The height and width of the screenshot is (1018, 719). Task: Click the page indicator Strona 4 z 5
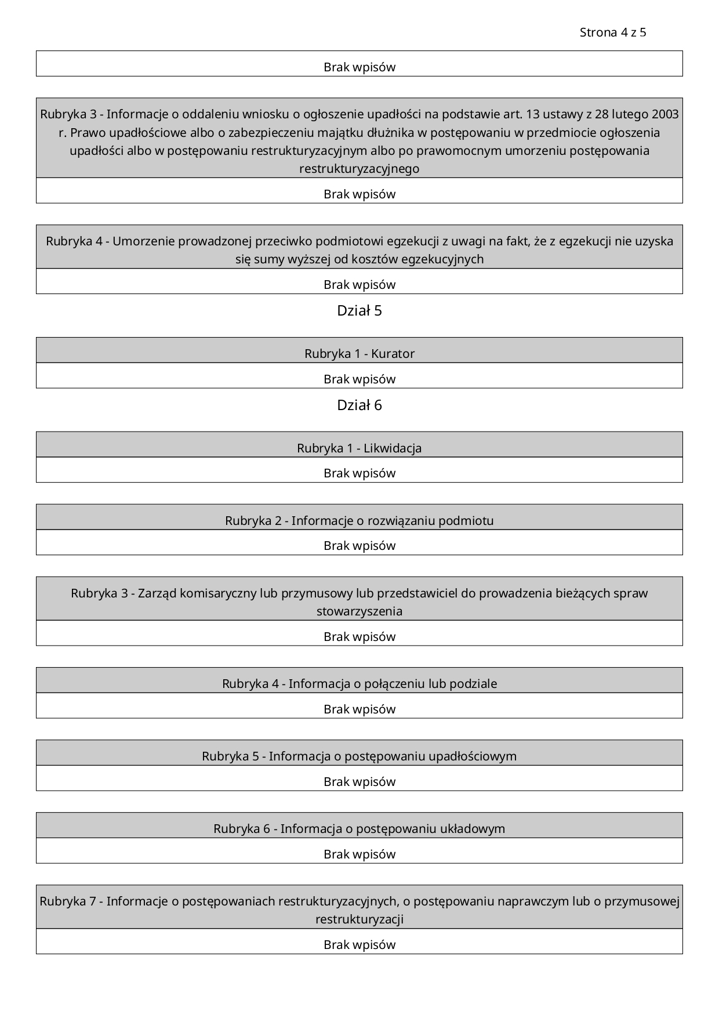tap(612, 32)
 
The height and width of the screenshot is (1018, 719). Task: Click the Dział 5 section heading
tap(359, 311)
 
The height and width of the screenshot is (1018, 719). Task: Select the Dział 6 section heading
tap(359, 405)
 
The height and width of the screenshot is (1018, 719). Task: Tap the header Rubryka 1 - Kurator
tap(359, 353)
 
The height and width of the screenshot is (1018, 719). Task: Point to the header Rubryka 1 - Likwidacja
tap(359, 448)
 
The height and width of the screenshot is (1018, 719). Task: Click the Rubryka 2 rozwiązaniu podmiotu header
tap(359, 520)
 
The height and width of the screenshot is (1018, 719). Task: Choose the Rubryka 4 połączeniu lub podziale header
tap(359, 683)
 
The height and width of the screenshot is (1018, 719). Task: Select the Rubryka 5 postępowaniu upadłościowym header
tap(359, 756)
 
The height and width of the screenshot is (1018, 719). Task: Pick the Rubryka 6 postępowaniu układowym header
tap(359, 828)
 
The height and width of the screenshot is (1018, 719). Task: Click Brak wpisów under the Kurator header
tap(359, 379)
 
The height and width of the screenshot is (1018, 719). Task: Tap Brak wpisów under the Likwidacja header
tap(359, 473)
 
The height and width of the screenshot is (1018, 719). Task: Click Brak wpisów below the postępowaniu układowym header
tap(359, 854)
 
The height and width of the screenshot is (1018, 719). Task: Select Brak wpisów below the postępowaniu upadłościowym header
tap(359, 781)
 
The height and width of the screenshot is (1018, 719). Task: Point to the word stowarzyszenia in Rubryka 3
tap(359, 611)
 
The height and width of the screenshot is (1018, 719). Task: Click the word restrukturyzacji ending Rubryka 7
tap(359, 919)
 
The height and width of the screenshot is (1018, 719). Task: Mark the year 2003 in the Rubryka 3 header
tap(665, 114)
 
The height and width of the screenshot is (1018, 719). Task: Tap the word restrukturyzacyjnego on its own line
tap(359, 169)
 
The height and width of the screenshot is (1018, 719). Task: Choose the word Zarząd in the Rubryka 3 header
tap(157, 593)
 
